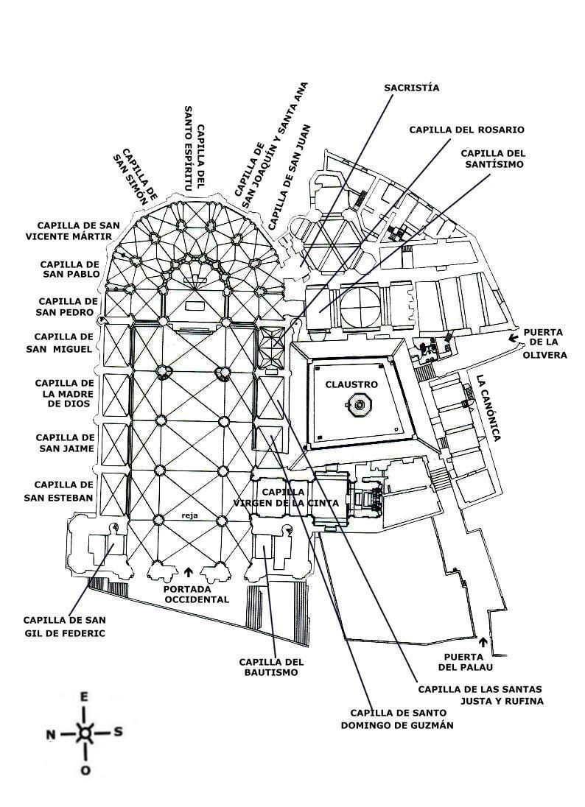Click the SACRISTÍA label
(x=411, y=88)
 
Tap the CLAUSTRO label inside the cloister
(x=351, y=384)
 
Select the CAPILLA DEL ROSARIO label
(x=466, y=130)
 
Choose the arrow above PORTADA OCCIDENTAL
(x=188, y=571)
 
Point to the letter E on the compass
(x=85, y=697)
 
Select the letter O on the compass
(x=85, y=770)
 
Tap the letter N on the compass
(x=51, y=734)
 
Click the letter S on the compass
(x=118, y=733)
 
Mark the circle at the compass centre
(x=85, y=733)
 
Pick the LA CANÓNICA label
(x=488, y=409)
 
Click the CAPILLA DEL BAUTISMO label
(x=272, y=667)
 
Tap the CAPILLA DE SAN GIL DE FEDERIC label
(x=64, y=626)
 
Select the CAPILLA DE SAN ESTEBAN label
(x=63, y=491)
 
